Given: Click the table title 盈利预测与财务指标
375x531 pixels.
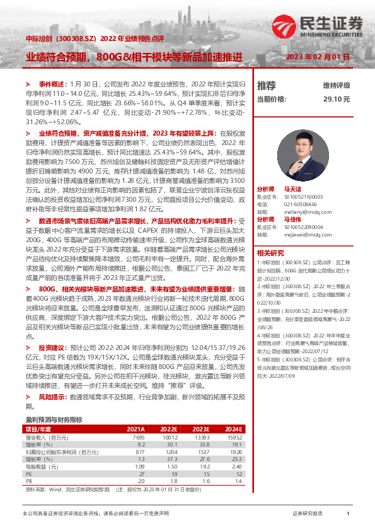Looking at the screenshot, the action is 54,419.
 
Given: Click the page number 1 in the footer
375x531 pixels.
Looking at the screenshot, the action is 347,514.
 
